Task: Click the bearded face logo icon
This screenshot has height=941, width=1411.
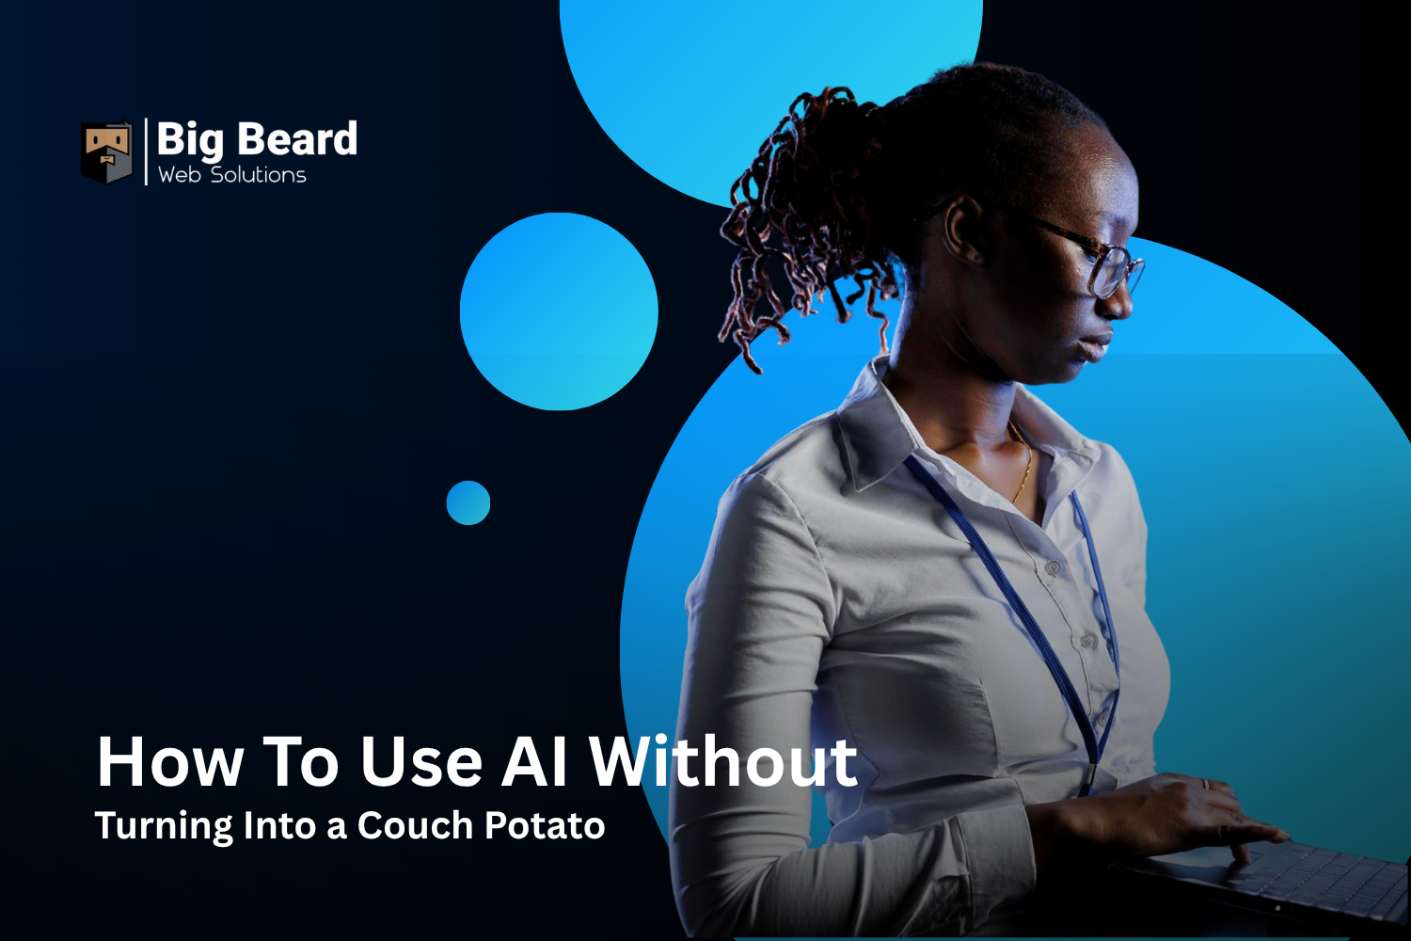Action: (106, 152)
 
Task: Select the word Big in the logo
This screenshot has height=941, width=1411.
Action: (190, 141)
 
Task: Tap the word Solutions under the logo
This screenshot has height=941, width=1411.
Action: (259, 175)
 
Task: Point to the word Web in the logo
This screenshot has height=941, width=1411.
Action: (179, 175)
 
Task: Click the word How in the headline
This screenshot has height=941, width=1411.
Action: (170, 762)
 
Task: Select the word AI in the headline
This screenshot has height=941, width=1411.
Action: (534, 762)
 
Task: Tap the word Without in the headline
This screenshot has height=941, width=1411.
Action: (723, 762)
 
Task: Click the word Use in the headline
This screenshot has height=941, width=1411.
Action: (420, 762)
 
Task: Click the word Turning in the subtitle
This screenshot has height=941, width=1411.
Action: (164, 827)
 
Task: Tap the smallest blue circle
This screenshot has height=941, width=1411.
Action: (468, 502)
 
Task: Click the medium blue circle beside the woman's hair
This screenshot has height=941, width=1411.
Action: (559, 311)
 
